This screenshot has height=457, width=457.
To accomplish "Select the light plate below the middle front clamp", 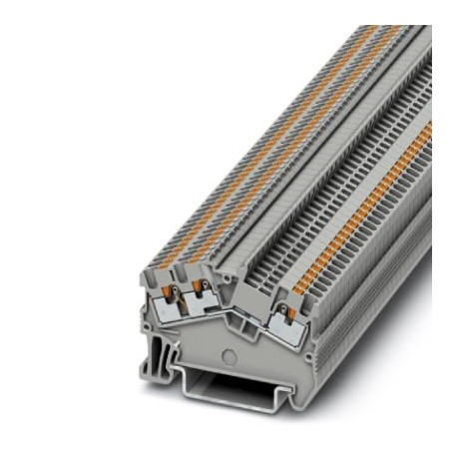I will (x=201, y=311).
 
